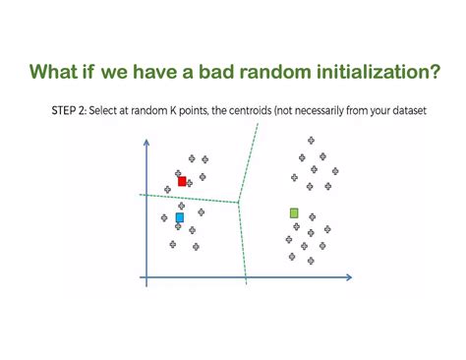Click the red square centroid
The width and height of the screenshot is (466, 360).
pos(182,181)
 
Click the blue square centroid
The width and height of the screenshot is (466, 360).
pos(179,217)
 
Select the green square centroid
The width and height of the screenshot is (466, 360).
pos(294,212)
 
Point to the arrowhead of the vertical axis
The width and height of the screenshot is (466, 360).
pos(146,144)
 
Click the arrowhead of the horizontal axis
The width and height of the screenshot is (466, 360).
pos(348,277)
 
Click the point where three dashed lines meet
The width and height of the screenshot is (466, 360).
pos(239,204)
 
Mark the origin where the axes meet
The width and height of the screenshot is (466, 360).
pos(146,277)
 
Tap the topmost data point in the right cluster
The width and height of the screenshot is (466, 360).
pos(311,141)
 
